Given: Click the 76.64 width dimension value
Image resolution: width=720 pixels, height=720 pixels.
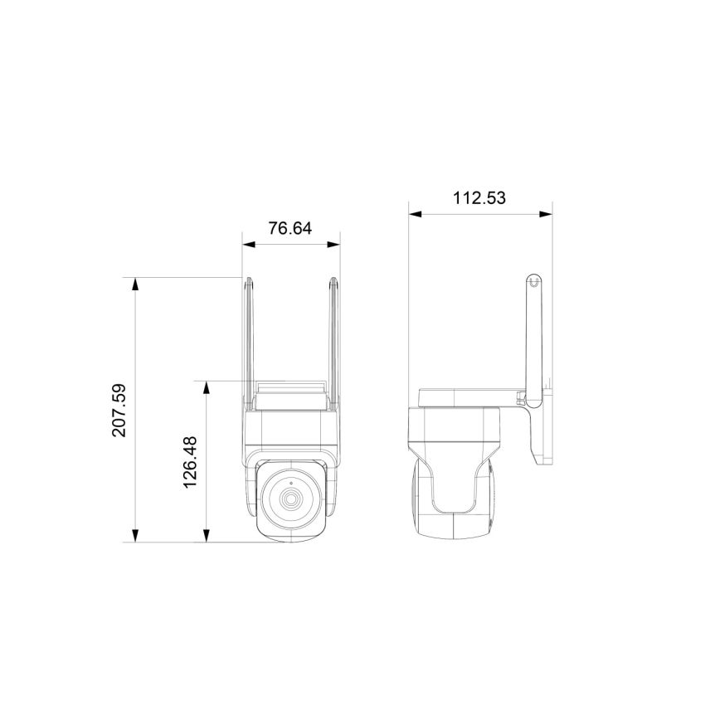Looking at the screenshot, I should [x=290, y=228].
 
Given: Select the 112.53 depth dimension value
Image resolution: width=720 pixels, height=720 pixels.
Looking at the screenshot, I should [x=479, y=197].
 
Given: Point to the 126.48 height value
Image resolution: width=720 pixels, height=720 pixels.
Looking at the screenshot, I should [x=191, y=461].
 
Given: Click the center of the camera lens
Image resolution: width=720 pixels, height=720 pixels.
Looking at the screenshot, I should [x=291, y=500].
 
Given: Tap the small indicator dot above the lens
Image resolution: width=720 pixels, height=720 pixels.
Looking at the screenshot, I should [x=291, y=482].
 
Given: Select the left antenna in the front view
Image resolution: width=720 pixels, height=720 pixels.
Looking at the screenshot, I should [x=248, y=340].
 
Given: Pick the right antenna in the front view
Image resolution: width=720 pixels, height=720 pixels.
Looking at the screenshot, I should [x=334, y=340].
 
